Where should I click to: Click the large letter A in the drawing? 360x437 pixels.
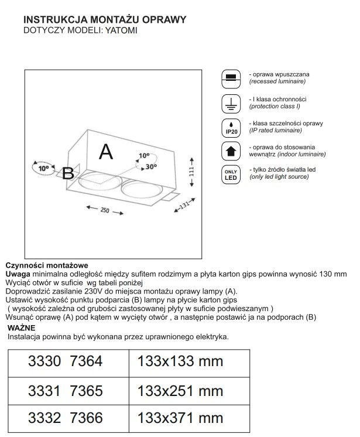(105, 152)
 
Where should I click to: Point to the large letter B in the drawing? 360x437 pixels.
(68, 173)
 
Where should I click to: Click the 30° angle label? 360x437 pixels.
(152, 166)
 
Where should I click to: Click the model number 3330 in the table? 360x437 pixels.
(44, 362)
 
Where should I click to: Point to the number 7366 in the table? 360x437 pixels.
(86, 418)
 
